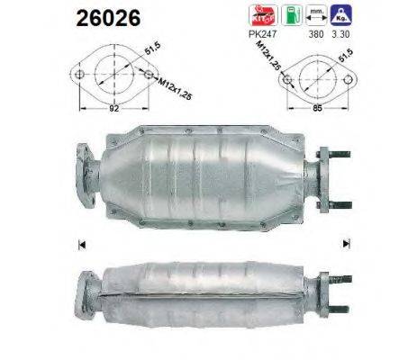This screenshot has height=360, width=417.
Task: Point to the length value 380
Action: [x=313, y=33]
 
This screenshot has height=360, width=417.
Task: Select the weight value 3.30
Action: [x=340, y=33]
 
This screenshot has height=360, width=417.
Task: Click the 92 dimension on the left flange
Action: [x=113, y=108]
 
